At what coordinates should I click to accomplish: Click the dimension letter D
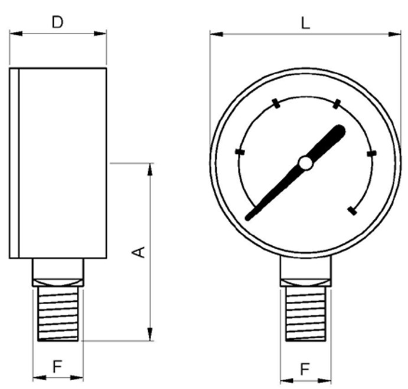click(57, 22)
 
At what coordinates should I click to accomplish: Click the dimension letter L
click(305, 24)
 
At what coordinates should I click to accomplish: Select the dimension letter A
click(139, 252)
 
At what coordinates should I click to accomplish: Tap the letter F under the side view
click(57, 367)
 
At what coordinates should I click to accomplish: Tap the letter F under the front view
click(305, 370)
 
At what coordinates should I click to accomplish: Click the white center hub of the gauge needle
click(305, 163)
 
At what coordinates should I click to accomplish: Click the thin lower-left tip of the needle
click(249, 217)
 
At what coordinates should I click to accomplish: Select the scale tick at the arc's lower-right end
click(352, 211)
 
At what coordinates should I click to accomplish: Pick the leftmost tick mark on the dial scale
click(240, 151)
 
